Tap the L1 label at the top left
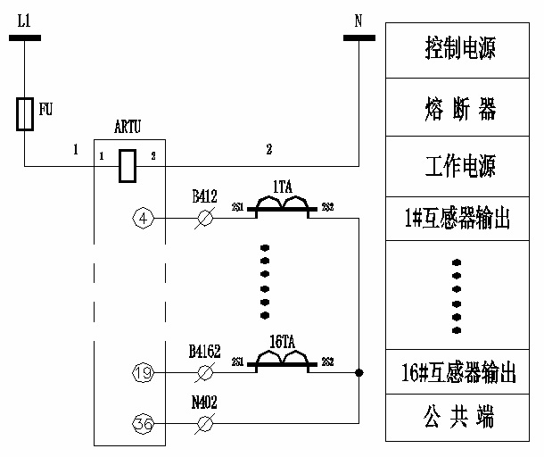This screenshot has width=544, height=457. [x=24, y=19]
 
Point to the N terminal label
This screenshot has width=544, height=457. [x=359, y=19]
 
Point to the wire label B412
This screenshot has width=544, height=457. [x=204, y=195]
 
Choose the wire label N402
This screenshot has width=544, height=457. [x=204, y=403]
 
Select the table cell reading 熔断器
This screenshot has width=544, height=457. [x=460, y=108]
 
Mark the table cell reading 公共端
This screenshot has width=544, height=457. [x=460, y=417]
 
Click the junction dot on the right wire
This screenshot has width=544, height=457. [x=359, y=372]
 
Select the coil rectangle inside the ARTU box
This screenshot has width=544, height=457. [x=128, y=164]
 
